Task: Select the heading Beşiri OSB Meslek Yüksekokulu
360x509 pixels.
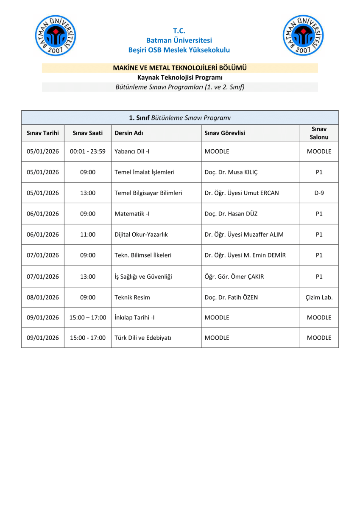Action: pyautogui.click(x=179, y=50)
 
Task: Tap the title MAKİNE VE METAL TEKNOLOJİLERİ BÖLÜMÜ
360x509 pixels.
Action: pyautogui.click(x=180, y=68)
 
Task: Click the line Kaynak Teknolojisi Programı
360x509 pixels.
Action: pyautogui.click(x=180, y=77)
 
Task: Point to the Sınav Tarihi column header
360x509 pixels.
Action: pyautogui.click(x=43, y=133)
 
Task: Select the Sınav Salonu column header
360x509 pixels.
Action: pyautogui.click(x=319, y=133)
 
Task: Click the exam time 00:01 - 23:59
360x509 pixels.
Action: pyautogui.click(x=88, y=151)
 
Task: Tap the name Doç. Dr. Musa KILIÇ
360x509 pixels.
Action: pyautogui.click(x=231, y=172)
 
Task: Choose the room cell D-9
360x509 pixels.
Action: pyautogui.click(x=319, y=193)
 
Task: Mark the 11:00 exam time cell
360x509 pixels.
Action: pyautogui.click(x=88, y=235)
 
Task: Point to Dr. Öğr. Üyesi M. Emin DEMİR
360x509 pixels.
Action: pyautogui.click(x=245, y=255)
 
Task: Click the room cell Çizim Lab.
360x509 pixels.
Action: pyautogui.click(x=319, y=297)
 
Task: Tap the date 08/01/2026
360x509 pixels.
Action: pyautogui.click(x=43, y=297)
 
